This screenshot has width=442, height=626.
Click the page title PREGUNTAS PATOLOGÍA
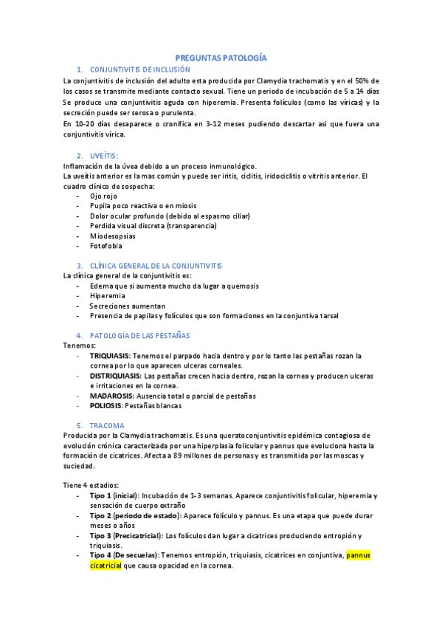point(221,58)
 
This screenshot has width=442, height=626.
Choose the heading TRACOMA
point(107,426)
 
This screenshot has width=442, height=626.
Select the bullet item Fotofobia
point(106,246)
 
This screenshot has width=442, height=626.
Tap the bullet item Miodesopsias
point(114,236)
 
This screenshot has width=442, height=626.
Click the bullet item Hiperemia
point(108,295)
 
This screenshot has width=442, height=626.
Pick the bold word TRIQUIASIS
point(115,356)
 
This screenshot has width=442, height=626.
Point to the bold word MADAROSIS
point(117,396)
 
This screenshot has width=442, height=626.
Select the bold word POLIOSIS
point(106,406)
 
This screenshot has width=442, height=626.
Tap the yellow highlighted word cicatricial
point(106,565)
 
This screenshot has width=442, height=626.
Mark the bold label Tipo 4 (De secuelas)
point(124,555)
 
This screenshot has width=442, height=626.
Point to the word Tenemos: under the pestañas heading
point(80,345)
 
